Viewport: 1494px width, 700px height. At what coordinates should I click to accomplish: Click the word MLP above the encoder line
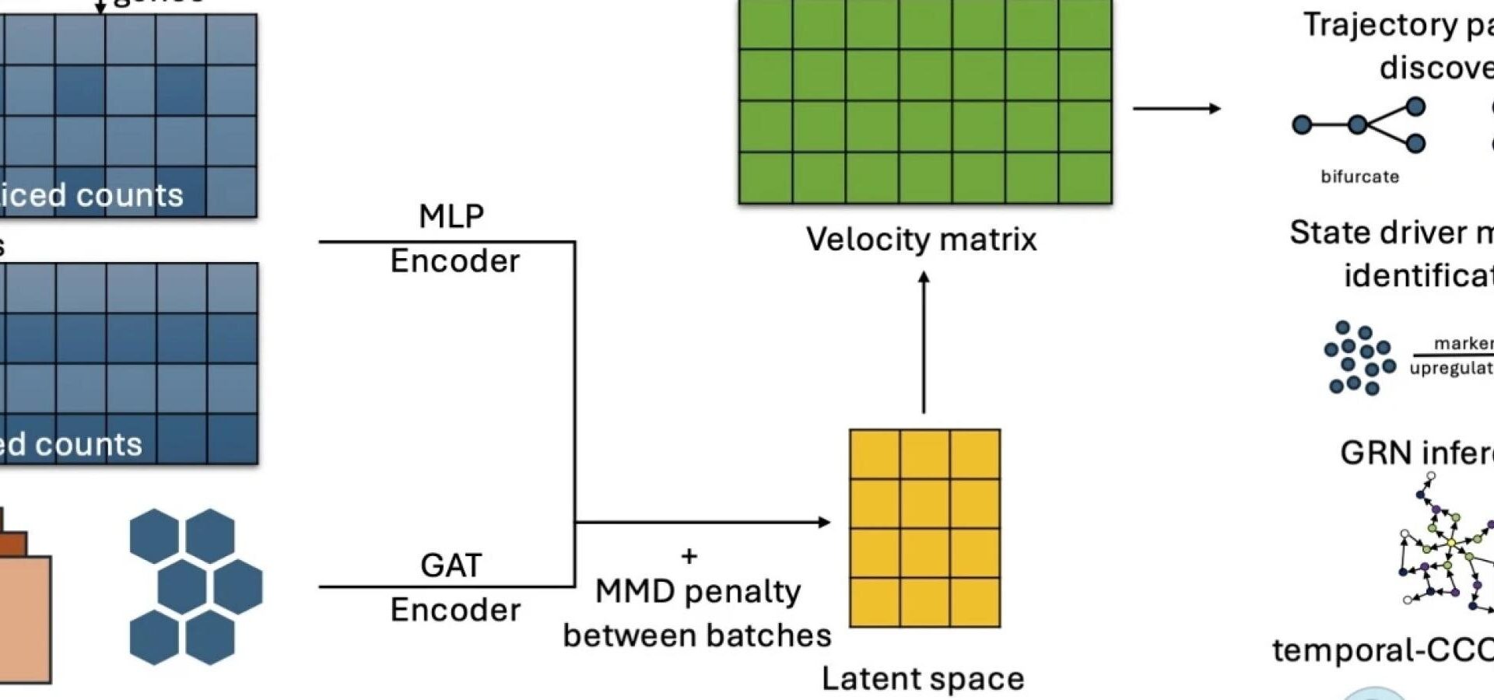(451, 216)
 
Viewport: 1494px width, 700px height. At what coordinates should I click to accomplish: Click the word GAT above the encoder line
(451, 565)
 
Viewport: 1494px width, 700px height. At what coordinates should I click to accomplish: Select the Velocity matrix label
(921, 240)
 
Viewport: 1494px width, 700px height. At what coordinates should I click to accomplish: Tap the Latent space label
(923, 679)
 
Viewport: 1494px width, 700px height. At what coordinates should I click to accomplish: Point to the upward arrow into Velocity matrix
(924, 342)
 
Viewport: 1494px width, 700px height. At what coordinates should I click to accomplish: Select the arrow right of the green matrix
(1177, 108)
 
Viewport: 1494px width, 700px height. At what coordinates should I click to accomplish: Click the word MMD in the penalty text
(635, 592)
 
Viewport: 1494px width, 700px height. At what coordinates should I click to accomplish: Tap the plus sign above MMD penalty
(689, 556)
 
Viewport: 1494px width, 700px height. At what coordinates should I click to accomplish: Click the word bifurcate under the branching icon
(1359, 177)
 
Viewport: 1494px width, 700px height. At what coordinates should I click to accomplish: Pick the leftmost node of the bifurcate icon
(1301, 124)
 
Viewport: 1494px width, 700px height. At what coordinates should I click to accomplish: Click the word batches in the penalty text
(773, 635)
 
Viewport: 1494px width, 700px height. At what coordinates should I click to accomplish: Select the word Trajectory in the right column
(1380, 25)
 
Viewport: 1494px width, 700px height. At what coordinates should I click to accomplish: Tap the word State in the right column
(1327, 233)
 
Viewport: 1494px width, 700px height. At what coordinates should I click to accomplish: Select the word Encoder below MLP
(454, 261)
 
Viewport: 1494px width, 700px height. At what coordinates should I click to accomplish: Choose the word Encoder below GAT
(455, 610)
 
